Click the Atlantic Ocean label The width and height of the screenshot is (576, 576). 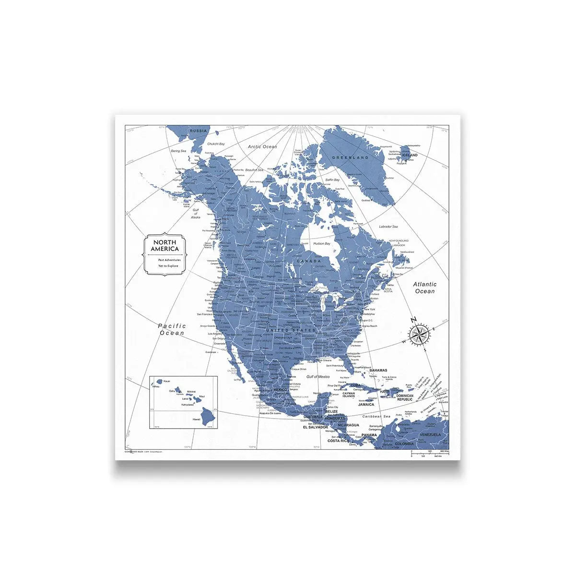click(425, 288)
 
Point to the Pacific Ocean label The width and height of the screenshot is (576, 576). click(172, 329)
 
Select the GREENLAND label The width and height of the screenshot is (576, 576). click(352, 157)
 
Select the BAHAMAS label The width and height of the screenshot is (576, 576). click(378, 371)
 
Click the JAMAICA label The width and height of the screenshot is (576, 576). click(366, 404)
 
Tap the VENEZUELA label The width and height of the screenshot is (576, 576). click(430, 434)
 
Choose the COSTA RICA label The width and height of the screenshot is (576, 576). click(338, 440)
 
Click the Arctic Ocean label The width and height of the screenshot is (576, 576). click(262, 146)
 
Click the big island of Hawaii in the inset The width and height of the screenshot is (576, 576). click(209, 416)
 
